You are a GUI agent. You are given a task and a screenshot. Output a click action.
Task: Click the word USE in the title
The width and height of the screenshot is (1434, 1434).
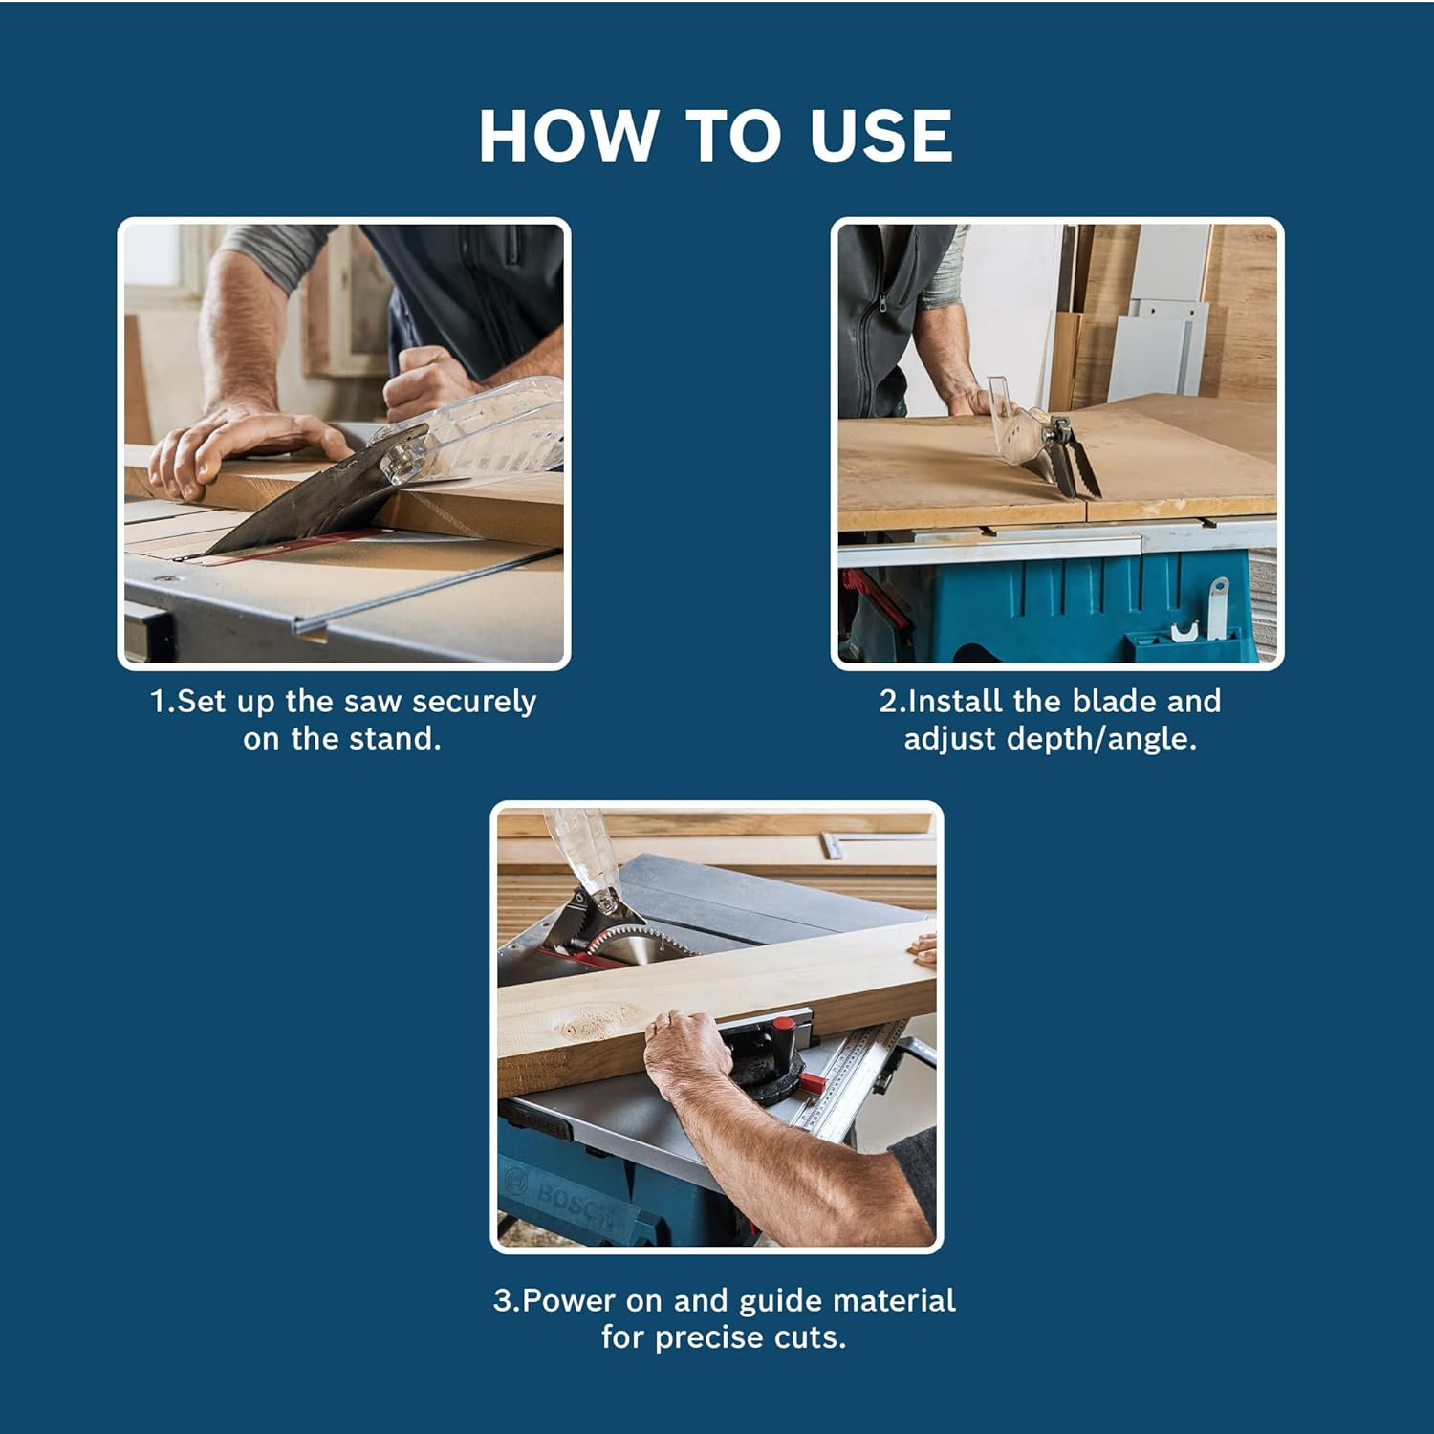coord(880,136)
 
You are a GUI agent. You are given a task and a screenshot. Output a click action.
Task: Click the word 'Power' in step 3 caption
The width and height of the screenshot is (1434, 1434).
coord(570,1300)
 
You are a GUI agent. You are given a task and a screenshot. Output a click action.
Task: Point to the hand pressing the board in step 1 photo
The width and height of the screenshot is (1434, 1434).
coord(239,449)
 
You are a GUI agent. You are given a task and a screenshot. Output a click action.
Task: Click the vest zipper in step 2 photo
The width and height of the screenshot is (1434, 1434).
coord(869,315)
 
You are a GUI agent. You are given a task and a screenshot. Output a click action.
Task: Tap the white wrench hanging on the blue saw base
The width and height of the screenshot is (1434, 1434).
coord(1216,602)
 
